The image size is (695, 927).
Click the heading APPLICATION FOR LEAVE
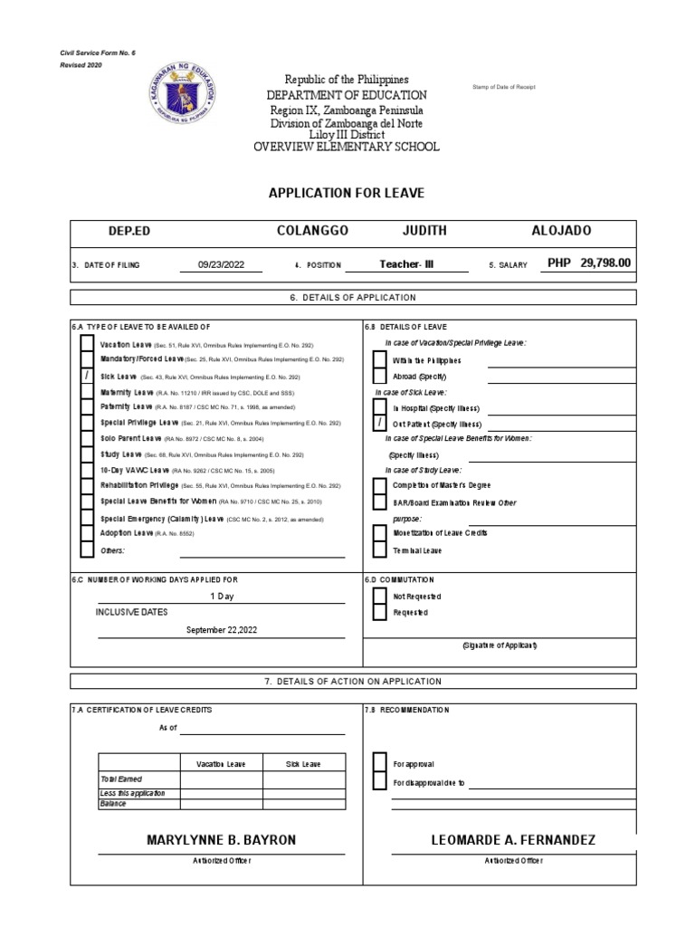(347, 193)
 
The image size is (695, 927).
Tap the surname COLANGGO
(312, 231)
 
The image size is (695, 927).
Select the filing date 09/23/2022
(222, 265)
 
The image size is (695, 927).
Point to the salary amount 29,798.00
(605, 263)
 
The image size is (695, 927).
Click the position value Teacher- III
(407, 264)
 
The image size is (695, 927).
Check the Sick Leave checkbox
(87, 376)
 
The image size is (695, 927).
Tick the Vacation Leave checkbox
(87, 344)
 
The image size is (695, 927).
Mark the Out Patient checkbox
(379, 424)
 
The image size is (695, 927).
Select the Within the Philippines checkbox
(379, 360)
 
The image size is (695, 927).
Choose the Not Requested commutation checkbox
(379, 596)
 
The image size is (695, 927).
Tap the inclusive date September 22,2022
(222, 629)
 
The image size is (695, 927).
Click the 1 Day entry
(222, 596)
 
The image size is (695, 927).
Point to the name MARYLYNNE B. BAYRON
(221, 841)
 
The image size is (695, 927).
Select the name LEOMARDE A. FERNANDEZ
(514, 841)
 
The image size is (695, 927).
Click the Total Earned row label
(121, 779)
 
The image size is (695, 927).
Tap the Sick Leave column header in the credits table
(303, 764)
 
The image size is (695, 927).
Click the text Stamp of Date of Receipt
(504, 87)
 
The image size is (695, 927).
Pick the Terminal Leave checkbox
(379, 550)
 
